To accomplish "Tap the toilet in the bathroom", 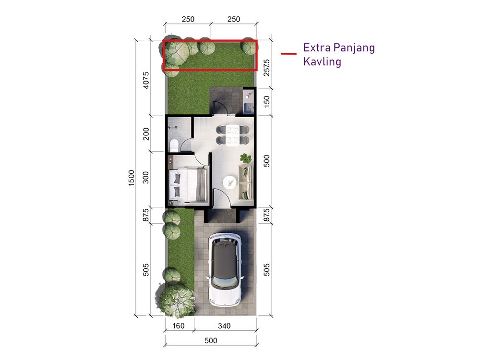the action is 174,145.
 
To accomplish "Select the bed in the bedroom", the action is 188,185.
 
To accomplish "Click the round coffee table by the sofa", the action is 229,182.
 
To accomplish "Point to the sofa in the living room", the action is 246,182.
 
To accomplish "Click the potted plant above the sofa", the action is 245,158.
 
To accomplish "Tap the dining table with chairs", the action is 233,135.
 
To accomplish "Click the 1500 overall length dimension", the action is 132,178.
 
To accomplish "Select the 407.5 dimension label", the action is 146,80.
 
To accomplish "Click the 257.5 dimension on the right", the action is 266,68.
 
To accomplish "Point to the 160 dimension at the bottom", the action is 179,326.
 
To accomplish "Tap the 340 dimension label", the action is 224,326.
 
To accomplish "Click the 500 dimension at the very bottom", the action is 211,340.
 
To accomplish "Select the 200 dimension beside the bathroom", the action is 146,134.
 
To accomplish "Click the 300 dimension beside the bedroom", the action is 146,177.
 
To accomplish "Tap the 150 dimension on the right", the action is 266,102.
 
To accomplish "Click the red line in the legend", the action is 288,54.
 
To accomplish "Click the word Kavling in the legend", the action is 322,61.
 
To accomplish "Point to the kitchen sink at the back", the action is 248,108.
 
